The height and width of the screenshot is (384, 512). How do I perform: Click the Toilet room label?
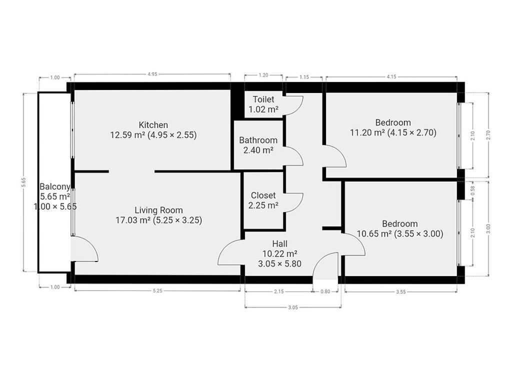pos(263,99)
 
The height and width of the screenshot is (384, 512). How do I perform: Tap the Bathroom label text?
pos(258,140)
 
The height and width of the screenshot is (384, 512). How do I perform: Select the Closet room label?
pos(263,195)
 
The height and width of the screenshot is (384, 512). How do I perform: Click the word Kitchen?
pos(153,124)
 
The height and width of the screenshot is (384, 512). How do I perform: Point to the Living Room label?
pos(158,210)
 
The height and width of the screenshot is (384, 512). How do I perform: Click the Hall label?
pos(280,243)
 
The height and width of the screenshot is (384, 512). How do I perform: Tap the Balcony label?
pos(55,186)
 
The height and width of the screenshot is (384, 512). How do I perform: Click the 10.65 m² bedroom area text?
pos(374,234)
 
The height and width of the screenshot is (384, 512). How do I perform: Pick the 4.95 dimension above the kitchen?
pos(152,74)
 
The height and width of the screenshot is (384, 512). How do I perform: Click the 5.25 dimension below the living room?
pos(157,290)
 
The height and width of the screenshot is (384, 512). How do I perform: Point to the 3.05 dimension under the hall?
pos(293,307)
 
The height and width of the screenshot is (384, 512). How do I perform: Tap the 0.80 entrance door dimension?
pos(325,291)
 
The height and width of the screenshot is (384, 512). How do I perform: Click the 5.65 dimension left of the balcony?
pos(23,182)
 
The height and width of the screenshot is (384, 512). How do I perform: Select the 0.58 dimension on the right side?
pos(472,190)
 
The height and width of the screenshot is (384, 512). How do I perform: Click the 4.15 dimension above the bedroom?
pos(391,76)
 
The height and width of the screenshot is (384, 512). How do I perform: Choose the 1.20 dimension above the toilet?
pos(263,75)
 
